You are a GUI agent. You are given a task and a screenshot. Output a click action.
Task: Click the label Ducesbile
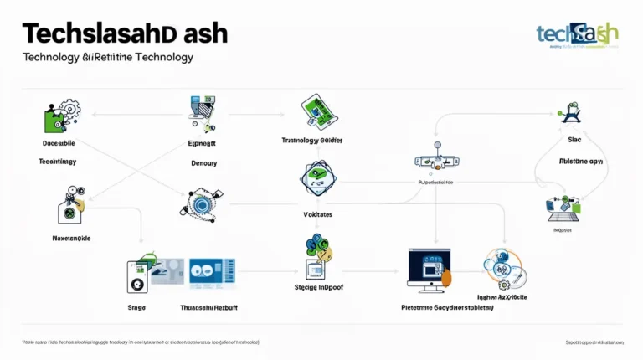click(59, 144)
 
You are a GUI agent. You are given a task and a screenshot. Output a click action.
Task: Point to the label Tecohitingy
click(59, 161)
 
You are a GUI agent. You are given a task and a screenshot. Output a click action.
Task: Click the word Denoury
click(203, 163)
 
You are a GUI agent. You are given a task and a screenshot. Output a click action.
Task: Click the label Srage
click(136, 308)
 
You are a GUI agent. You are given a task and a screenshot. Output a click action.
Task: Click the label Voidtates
click(317, 215)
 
